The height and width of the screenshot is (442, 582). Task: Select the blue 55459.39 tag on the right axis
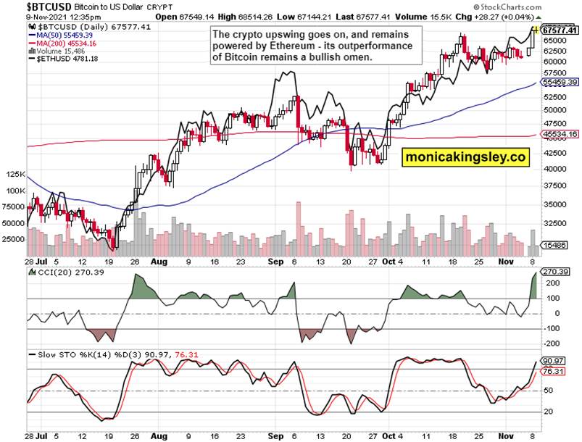[x=560, y=83]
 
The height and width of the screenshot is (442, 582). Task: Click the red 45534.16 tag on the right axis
[x=560, y=134]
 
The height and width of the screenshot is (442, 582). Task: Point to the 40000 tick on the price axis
[x=554, y=169]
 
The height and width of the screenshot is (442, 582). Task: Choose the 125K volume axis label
[x=14, y=175]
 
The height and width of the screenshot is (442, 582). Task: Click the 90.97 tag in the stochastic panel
[x=555, y=360]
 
